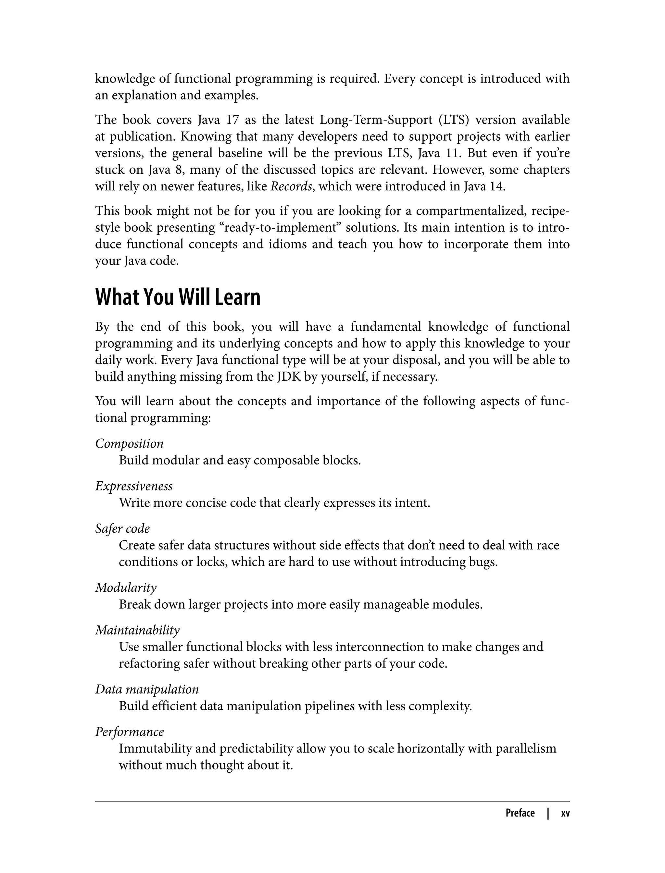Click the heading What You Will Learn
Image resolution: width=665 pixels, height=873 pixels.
click(178, 297)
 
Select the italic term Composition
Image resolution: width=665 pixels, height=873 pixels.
click(130, 443)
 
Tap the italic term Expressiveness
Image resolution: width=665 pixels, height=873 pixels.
click(134, 486)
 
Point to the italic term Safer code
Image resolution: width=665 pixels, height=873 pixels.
click(122, 528)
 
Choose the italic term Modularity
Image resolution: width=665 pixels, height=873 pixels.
click(126, 588)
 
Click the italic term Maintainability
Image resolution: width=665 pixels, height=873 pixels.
click(137, 630)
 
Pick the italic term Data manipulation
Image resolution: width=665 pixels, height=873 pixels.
click(147, 689)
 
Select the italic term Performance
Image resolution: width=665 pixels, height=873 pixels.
click(130, 732)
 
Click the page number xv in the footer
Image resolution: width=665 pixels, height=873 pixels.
click(565, 813)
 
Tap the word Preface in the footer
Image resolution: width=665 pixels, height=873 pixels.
click(520, 813)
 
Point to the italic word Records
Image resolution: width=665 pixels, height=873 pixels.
click(291, 186)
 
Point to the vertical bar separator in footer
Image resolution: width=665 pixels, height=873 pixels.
click(548, 813)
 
